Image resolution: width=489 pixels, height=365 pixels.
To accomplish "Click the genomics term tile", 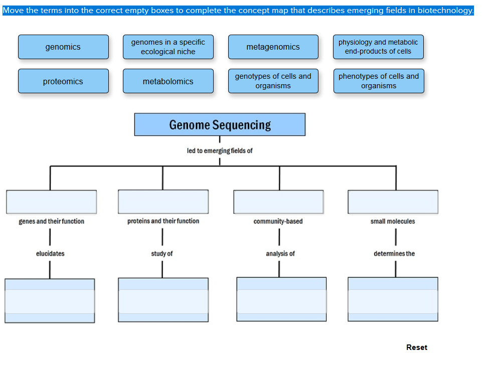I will (x=63, y=47).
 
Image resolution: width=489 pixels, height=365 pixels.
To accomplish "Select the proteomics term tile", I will (x=63, y=81).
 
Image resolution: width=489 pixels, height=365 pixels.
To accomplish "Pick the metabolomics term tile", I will (x=168, y=81).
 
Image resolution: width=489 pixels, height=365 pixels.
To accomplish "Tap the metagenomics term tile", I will (x=273, y=47).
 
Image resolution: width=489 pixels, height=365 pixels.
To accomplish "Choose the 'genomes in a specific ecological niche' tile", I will (x=168, y=47).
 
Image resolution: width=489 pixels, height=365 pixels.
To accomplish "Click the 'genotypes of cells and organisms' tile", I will (x=273, y=81).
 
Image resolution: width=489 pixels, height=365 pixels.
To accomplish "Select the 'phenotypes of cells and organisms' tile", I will (x=379, y=81).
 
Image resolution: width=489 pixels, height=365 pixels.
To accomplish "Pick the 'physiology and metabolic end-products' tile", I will (x=378, y=47).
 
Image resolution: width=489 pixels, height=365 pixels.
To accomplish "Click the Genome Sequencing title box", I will (x=220, y=125).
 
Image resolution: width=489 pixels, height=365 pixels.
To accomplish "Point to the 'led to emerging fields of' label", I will (x=220, y=150).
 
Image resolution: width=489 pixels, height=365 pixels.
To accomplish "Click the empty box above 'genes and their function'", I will (x=51, y=202).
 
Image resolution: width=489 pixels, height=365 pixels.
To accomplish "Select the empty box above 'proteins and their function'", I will (x=163, y=202).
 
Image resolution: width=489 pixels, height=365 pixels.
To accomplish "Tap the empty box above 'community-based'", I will (x=278, y=202).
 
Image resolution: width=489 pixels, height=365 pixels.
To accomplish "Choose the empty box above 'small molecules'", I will (x=393, y=202).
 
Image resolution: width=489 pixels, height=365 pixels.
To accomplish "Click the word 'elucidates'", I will (x=50, y=254).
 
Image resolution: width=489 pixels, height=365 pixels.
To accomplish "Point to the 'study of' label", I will (x=162, y=254).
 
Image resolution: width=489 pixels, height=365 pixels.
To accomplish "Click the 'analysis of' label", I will (x=280, y=254).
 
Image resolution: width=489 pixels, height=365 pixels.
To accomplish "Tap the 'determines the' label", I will (x=394, y=254).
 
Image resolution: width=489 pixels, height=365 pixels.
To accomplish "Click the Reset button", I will (x=417, y=347).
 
